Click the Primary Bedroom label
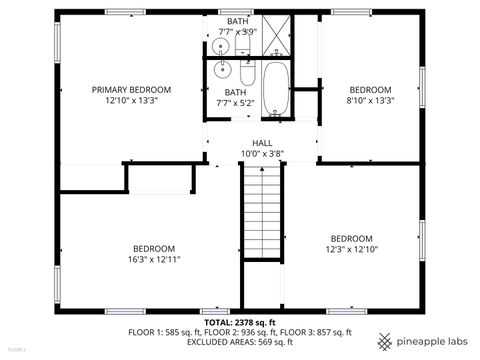click(131, 89)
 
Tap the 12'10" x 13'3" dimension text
click(131, 100)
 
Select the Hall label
click(262, 143)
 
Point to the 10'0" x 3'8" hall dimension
click(262, 153)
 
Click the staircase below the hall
click(262, 210)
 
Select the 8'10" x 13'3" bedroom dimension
click(369, 100)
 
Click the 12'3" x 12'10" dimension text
click(353, 249)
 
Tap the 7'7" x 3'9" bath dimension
click(238, 31)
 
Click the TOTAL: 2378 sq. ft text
click(240, 323)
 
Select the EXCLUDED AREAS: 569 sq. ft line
click(240, 341)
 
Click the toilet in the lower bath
click(246, 73)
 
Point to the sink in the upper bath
click(220, 46)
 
